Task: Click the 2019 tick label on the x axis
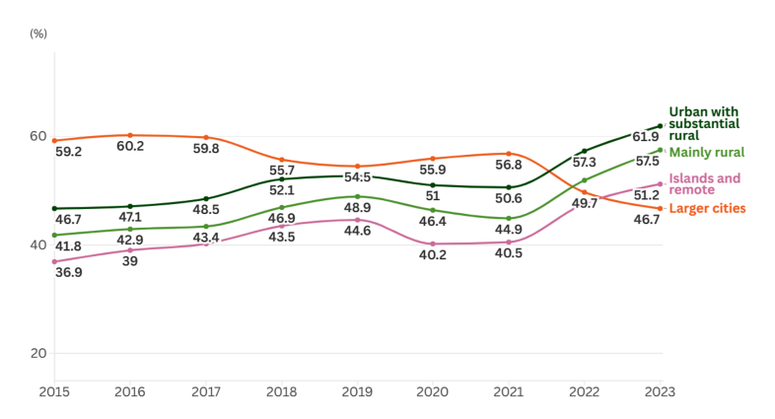[357, 392]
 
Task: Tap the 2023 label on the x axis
[660, 392]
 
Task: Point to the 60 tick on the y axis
[38, 136]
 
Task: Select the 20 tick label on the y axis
[38, 353]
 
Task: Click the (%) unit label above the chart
[38, 34]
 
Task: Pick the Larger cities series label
[707, 208]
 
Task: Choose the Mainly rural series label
[706, 152]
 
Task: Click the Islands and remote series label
[704, 184]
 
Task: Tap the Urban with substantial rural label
[704, 123]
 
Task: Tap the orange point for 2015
[54, 140]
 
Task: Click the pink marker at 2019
[357, 220]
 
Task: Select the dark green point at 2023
[660, 126]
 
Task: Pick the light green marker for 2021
[509, 218]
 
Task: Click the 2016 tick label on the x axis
[130, 392]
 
